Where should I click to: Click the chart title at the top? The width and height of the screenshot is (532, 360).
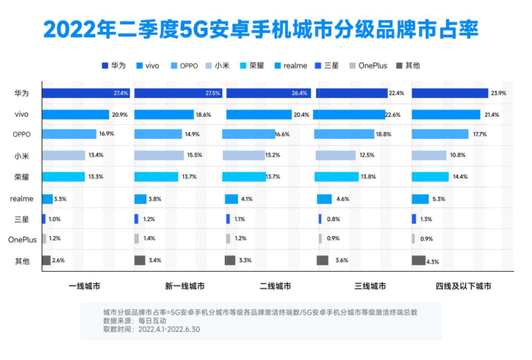coord(266,28)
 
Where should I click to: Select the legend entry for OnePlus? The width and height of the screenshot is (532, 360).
coord(372,66)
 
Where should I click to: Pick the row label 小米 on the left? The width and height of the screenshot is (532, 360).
coord(21,156)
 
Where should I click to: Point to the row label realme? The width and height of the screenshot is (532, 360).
coord(21,198)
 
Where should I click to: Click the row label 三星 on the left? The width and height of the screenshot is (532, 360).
coord(21,219)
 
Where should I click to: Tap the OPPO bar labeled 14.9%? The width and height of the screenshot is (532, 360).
coord(160,134)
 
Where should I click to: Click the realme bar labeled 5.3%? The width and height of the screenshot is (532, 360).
coord(422,198)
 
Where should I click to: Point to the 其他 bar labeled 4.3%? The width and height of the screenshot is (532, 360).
coord(419,261)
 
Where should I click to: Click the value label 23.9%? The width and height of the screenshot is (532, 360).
coord(499,93)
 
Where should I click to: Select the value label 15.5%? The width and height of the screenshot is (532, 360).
coord(194,156)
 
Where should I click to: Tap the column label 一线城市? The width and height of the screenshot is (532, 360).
coord(85,287)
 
